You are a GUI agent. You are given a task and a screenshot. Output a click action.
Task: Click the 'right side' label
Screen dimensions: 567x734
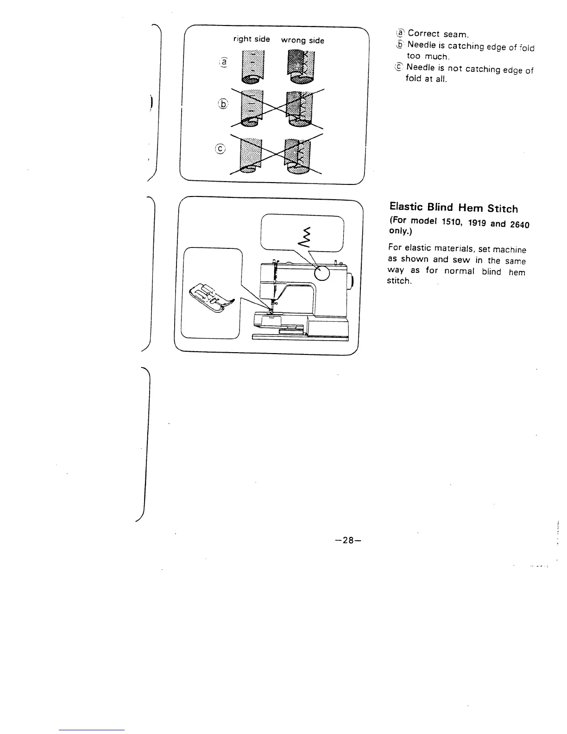[x=252, y=39]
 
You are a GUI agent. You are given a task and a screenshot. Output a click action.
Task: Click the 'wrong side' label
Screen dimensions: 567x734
[x=302, y=40]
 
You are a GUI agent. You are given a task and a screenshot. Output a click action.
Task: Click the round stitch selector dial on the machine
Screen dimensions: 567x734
[x=322, y=274]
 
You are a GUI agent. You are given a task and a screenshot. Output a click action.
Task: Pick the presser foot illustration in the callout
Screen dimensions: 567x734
[x=211, y=298]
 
